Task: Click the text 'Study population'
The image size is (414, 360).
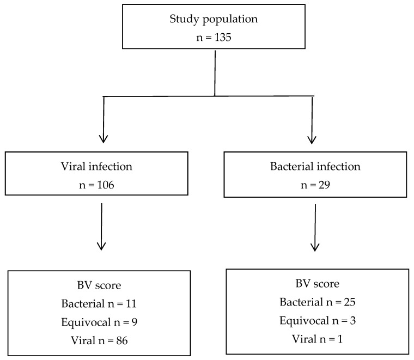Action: click(x=214, y=19)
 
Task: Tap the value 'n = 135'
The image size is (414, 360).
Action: click(x=214, y=37)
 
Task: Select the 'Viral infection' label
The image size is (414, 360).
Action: click(x=96, y=167)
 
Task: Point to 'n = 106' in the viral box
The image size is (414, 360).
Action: click(x=96, y=185)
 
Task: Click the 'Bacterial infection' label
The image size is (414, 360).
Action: click(x=315, y=167)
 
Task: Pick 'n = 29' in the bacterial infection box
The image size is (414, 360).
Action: click(x=315, y=185)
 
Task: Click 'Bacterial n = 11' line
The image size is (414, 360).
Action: click(x=99, y=303)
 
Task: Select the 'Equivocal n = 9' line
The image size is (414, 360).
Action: click(x=99, y=322)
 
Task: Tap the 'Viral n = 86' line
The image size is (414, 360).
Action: click(x=99, y=340)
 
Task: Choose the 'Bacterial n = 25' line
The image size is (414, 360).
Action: click(x=318, y=302)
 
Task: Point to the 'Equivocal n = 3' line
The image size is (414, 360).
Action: click(x=318, y=321)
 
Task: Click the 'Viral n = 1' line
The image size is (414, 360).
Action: click(x=318, y=339)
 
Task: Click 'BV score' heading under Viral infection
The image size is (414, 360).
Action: click(x=99, y=285)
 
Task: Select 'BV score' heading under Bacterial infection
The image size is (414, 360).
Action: click(x=318, y=284)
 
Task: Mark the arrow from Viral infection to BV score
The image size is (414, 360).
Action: click(x=102, y=227)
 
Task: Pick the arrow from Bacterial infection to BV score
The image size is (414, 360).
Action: click(x=315, y=228)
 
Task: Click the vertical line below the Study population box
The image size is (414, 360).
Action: click(x=215, y=73)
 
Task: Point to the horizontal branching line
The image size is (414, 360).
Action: click(x=208, y=96)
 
